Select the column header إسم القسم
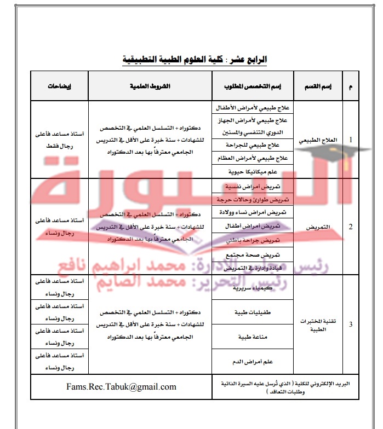[x=318, y=87]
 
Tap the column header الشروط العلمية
[x=150, y=87]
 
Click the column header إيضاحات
[x=59, y=87]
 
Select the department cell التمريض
[x=318, y=226]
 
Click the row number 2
[x=351, y=226]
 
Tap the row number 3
[x=351, y=324]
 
